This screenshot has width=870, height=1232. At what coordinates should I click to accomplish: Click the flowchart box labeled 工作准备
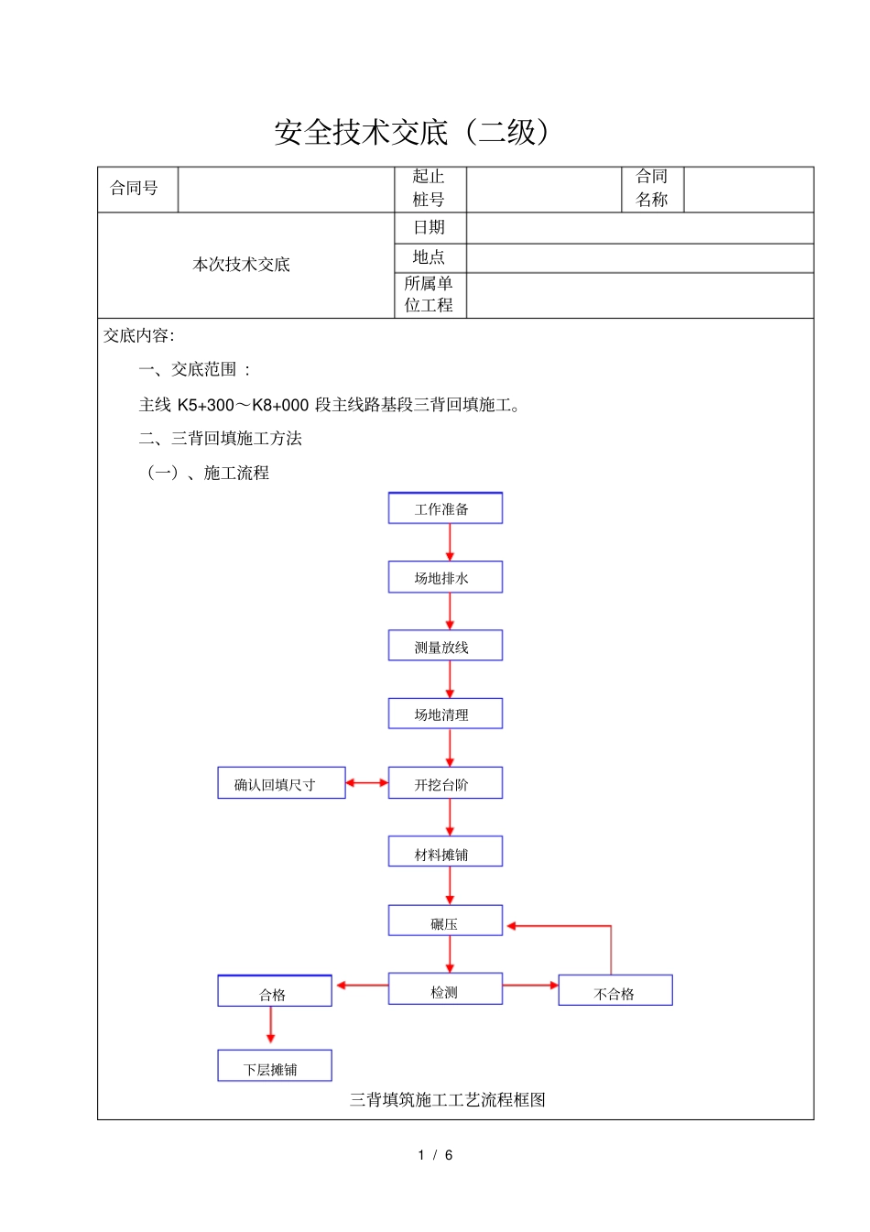point(445,508)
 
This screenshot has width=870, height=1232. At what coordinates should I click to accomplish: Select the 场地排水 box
point(445,577)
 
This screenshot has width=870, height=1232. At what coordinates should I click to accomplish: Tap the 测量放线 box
point(445,646)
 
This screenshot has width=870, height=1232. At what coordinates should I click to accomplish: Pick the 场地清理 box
point(445,714)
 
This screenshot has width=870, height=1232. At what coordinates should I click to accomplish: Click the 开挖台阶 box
point(445,783)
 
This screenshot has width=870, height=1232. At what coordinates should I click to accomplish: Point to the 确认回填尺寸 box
point(281,783)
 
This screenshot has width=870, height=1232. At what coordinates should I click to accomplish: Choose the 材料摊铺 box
point(445,852)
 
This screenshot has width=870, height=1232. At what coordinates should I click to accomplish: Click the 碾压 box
point(445,921)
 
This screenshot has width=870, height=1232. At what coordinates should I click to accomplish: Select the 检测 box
point(445,989)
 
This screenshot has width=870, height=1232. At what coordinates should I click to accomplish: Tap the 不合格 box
point(615,990)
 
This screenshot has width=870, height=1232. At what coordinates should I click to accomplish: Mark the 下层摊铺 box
point(274,1066)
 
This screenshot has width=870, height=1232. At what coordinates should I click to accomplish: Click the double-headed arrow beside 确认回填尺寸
point(367,783)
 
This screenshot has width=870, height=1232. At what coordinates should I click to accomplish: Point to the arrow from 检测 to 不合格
point(530,986)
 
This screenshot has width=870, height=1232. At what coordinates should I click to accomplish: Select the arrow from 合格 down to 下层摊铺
point(270,1027)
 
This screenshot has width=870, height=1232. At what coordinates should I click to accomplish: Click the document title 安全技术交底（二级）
point(413,132)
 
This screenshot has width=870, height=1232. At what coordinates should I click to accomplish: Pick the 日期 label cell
point(430,228)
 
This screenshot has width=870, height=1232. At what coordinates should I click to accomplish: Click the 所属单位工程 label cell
point(430,295)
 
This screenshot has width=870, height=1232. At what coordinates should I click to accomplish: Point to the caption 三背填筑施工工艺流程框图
point(447,1100)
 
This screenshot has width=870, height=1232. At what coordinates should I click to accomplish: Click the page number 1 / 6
point(435,1155)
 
